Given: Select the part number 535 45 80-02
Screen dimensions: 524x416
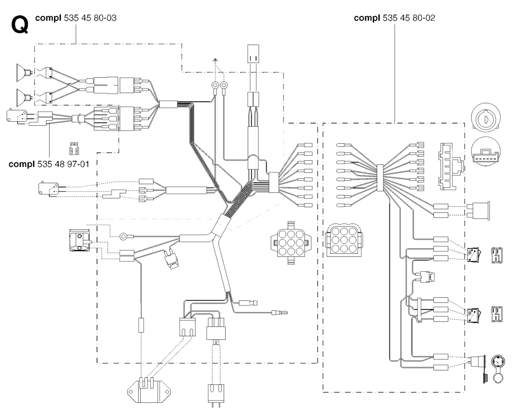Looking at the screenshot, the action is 409,18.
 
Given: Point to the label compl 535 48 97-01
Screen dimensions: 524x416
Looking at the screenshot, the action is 49,164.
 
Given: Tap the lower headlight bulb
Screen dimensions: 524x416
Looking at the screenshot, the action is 24,97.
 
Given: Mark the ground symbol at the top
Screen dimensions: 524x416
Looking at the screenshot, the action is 215,60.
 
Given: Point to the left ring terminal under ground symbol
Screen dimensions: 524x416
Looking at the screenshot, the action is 215,86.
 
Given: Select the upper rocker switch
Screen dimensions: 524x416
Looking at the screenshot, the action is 472,254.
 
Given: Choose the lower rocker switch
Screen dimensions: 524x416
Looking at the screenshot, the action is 472,314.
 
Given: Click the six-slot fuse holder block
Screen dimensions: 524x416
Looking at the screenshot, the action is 450,166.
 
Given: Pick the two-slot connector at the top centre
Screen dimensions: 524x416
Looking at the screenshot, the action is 253,54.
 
